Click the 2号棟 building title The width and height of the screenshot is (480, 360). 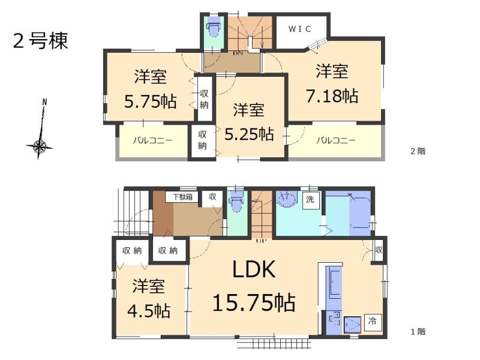tap(40, 41)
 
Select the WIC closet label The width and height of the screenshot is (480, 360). tap(301, 29)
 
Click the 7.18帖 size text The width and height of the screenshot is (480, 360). tap(334, 96)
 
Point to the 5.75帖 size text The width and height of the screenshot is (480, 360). tap(151, 101)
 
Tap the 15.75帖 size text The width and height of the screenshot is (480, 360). tap(254, 302)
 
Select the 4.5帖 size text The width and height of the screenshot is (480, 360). tap(148, 311)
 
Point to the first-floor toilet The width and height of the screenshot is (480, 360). tap(236, 203)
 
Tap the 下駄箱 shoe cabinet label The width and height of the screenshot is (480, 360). tap(183, 196)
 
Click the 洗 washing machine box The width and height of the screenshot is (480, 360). tap(310, 200)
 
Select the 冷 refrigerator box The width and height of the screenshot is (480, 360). tap(372, 321)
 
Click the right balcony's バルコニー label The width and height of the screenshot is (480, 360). tap(335, 141)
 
